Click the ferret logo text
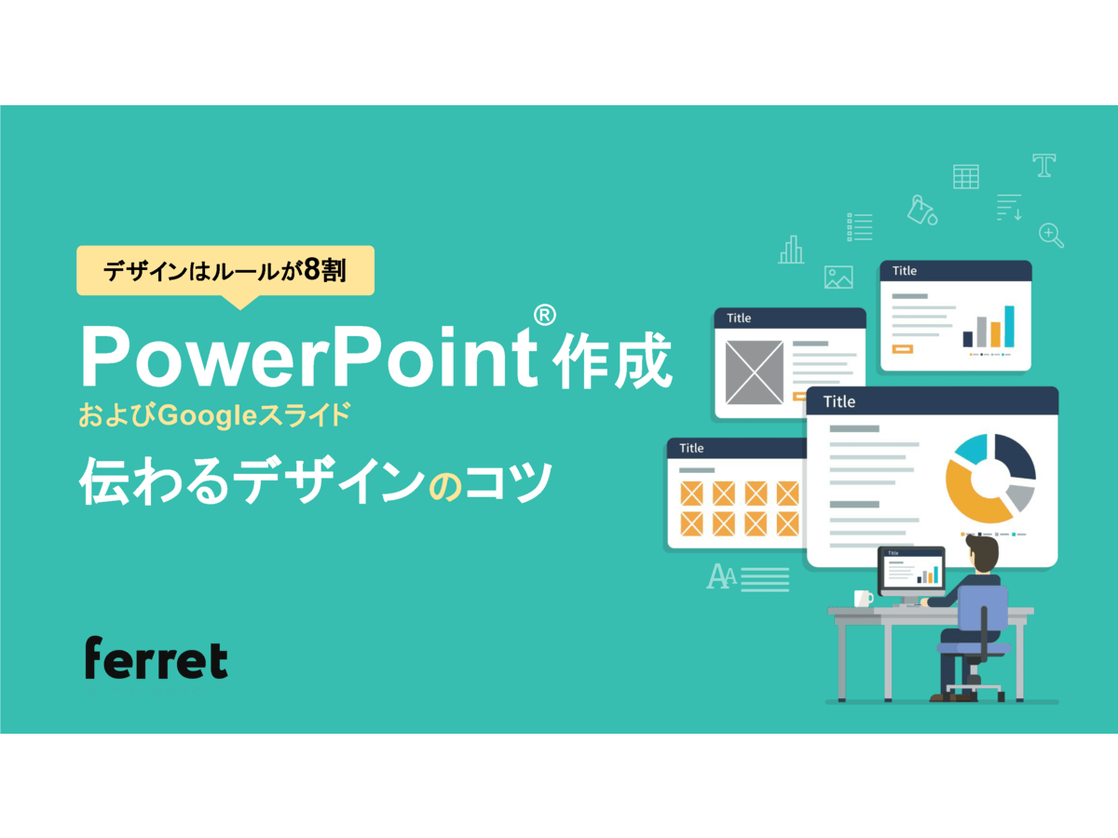156,658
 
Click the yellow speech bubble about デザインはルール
225,271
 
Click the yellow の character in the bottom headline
444,486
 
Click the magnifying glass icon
1051,236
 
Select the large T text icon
1043,166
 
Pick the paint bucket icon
921,210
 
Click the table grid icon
965,176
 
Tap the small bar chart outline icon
791,250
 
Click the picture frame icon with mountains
838,277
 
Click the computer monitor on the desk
910,571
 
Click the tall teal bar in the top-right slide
1009,326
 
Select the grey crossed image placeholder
754,372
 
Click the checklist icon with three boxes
859,226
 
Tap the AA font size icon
721,577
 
